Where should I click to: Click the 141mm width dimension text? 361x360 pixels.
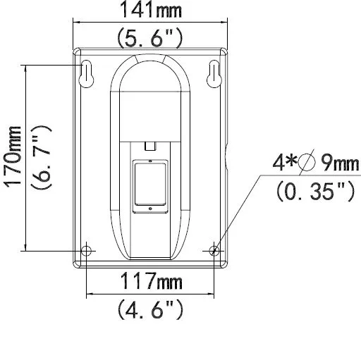click(149, 11)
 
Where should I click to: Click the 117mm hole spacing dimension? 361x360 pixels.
click(149, 283)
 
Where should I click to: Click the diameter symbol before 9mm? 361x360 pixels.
click(306, 164)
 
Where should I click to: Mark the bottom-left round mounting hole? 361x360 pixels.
click(86, 250)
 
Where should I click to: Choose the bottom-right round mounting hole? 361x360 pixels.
click(214, 250)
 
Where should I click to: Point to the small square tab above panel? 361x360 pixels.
click(149, 146)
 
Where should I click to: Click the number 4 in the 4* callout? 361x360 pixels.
click(280, 164)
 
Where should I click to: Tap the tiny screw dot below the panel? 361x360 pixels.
click(149, 208)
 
